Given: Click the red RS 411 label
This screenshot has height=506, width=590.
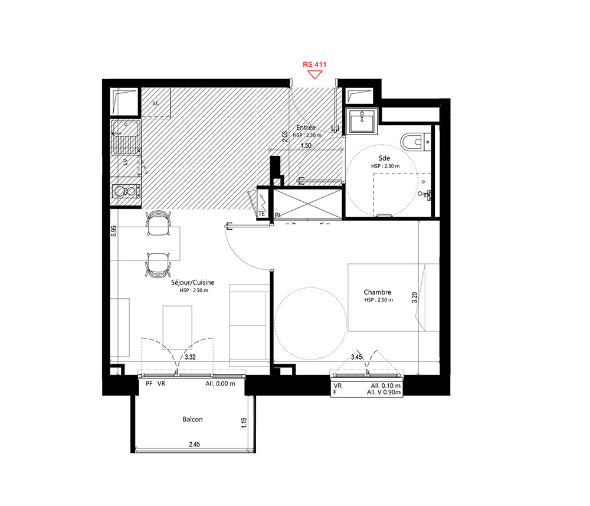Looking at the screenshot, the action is click(x=314, y=64).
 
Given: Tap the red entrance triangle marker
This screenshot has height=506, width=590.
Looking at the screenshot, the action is click(x=314, y=75).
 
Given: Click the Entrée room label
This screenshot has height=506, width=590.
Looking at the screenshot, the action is click(x=306, y=128).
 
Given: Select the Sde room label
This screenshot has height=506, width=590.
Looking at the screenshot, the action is click(x=384, y=158).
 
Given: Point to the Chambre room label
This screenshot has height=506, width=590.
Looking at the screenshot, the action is click(x=378, y=292).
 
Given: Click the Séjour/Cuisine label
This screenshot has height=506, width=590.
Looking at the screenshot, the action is click(x=193, y=282).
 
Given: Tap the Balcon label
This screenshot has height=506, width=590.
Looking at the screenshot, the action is click(x=193, y=419).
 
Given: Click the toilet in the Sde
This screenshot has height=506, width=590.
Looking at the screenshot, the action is click(x=415, y=142).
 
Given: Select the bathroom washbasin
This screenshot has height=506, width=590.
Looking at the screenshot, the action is click(x=362, y=121).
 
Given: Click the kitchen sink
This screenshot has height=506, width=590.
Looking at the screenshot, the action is click(x=124, y=138).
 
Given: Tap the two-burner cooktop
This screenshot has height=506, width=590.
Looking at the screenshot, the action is click(x=125, y=191).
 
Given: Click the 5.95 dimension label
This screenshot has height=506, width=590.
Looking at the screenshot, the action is click(x=114, y=231).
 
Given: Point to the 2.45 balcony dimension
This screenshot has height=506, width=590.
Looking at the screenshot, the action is click(x=195, y=444).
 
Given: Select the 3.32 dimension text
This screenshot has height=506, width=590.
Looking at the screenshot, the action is click(x=190, y=357).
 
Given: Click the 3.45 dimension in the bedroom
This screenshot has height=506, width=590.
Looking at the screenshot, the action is click(x=356, y=357).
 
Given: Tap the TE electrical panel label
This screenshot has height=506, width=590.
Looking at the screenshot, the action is click(x=261, y=214).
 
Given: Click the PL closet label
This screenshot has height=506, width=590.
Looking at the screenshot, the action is click(x=278, y=216).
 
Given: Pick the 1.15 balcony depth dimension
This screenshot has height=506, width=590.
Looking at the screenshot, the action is click(x=244, y=423).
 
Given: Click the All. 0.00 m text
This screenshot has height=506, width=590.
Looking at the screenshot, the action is click(x=221, y=384).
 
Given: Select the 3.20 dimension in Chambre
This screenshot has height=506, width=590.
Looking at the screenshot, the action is click(x=414, y=298).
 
